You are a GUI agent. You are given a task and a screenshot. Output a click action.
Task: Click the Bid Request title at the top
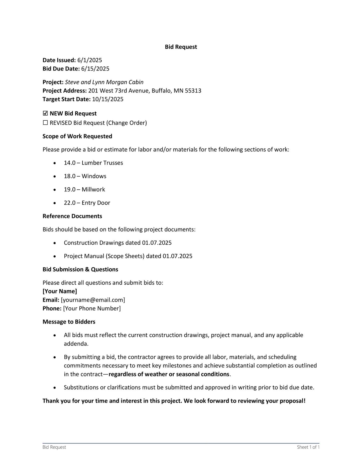point(181,47)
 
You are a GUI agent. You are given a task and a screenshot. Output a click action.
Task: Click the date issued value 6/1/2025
point(89,60)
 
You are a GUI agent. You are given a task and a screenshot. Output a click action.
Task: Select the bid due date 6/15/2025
point(95,69)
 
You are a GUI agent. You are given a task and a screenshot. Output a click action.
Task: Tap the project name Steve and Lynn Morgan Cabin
point(104,82)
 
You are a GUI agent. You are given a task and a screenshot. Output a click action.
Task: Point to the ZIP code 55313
point(193,91)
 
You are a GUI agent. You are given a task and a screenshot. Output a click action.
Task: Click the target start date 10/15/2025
point(108,99)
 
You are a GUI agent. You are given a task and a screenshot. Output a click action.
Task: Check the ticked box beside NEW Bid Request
point(45,114)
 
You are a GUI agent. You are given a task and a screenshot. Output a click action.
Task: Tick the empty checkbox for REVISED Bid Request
point(45,123)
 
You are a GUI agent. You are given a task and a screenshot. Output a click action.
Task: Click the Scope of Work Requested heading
point(77,136)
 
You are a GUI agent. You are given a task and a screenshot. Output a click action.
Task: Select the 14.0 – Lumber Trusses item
point(93,163)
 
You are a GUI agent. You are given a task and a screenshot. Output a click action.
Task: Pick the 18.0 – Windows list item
point(85,176)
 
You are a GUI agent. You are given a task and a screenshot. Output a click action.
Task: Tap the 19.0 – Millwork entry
point(84,190)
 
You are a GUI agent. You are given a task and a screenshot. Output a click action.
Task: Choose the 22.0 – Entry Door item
point(87,203)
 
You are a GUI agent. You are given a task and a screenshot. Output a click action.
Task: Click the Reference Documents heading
point(72,216)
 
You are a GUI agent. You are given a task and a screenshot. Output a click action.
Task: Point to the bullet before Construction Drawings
point(55,243)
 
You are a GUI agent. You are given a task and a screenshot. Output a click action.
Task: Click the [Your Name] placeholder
point(60,291)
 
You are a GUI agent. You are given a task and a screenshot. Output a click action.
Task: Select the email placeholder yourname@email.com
point(93,300)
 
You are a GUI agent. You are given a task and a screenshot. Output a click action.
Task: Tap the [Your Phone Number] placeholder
point(92,308)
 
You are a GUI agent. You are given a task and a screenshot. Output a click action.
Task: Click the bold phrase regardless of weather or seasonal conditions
point(169,374)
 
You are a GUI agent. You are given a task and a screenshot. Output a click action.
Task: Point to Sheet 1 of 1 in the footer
point(308,447)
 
